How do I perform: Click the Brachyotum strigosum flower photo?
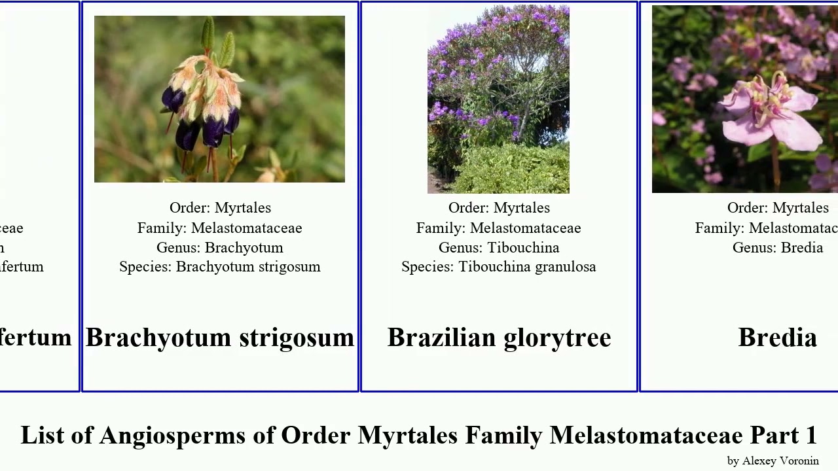click(219, 99)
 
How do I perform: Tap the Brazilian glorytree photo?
click(498, 99)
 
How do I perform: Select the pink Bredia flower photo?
click(744, 99)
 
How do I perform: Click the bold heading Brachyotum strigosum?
click(220, 338)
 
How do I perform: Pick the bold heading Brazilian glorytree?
click(499, 338)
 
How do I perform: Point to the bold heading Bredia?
click(777, 338)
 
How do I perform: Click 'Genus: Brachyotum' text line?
click(220, 248)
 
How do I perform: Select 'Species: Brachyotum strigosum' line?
click(220, 267)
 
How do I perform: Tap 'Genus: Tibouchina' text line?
click(499, 248)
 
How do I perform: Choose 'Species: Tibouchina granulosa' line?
click(499, 267)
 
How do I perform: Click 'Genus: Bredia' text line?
click(778, 248)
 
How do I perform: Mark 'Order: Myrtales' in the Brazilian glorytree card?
click(499, 208)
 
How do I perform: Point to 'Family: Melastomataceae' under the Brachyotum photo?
click(220, 228)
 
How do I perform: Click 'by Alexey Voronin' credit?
click(773, 461)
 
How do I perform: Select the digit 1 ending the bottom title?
click(811, 436)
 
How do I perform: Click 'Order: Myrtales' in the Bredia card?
click(778, 208)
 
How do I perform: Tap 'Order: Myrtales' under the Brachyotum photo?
click(220, 208)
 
